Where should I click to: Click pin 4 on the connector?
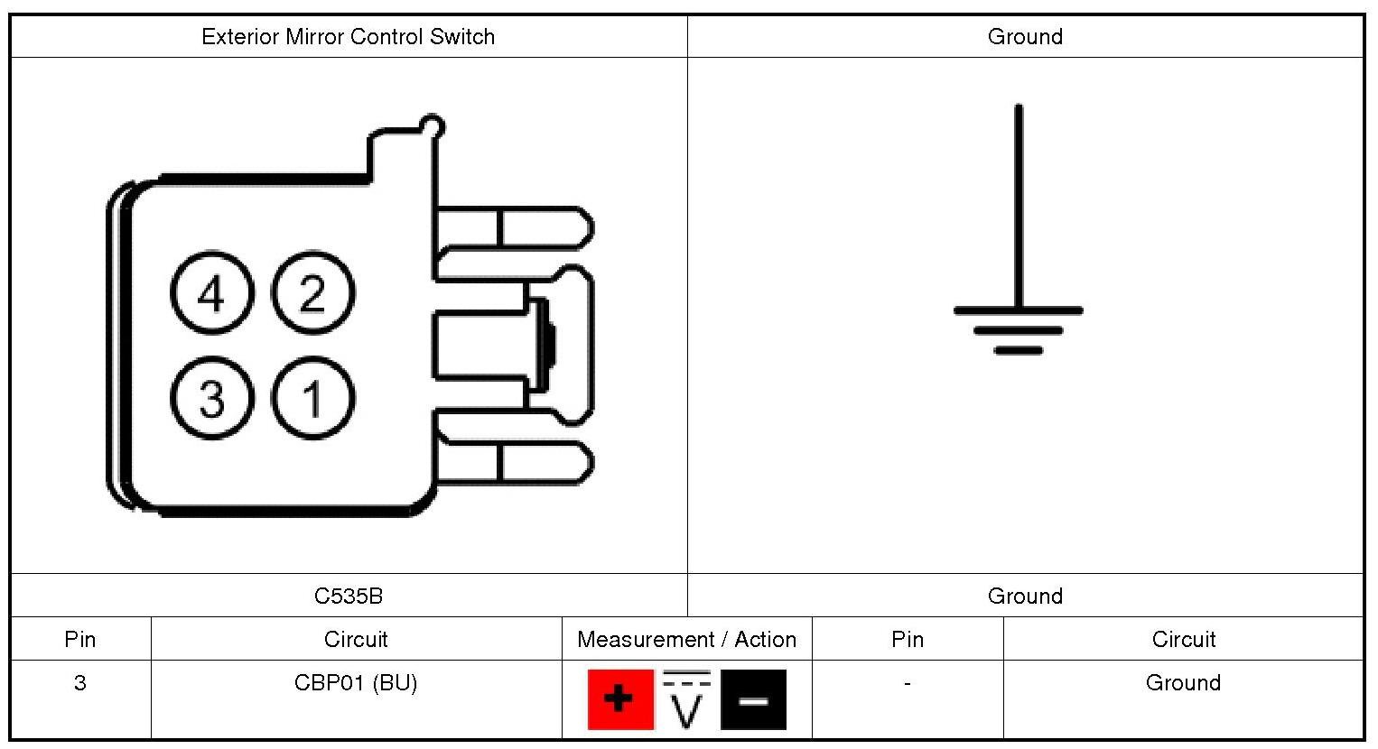click(x=211, y=292)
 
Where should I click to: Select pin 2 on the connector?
click(x=312, y=292)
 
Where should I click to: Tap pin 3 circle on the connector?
click(x=211, y=398)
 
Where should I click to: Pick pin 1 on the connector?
click(x=312, y=398)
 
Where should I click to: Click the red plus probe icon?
click(x=619, y=699)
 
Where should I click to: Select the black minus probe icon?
click(x=753, y=699)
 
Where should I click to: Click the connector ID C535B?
click(x=349, y=596)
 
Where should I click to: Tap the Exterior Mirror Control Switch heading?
click(x=349, y=37)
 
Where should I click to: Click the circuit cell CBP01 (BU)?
click(x=356, y=683)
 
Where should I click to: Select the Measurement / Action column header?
click(x=687, y=640)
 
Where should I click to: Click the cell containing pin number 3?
click(x=80, y=683)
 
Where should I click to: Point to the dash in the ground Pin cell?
click(x=907, y=683)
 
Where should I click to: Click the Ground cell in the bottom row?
click(x=1183, y=683)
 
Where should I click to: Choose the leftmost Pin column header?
click(x=80, y=640)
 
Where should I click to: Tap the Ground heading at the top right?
click(x=1025, y=37)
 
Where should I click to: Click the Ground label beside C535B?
click(x=1025, y=596)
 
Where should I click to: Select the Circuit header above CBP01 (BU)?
click(x=356, y=640)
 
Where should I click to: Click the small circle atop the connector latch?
click(x=433, y=125)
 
